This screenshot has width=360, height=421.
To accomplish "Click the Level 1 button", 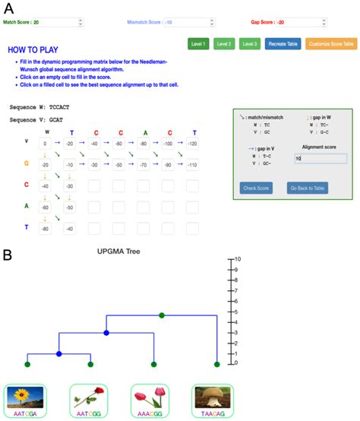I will tap(199, 44).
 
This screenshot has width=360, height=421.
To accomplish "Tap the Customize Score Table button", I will tap(330, 44).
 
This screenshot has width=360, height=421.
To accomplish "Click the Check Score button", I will tap(256, 188).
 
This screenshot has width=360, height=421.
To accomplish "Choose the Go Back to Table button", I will tap(308, 188).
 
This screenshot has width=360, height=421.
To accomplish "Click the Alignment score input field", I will tap(320, 159).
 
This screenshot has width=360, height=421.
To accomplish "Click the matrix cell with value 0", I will tap(46, 143).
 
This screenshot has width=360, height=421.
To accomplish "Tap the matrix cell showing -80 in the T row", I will tap(46, 229).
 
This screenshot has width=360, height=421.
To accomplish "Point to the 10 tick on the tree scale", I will tap(238, 259).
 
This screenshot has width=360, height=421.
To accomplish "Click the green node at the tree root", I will tap(161, 315).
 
